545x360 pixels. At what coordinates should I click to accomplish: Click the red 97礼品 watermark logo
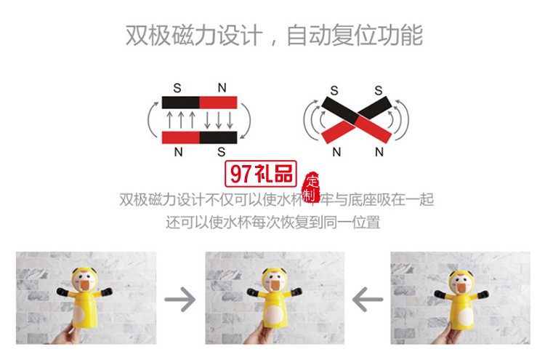tap(259, 175)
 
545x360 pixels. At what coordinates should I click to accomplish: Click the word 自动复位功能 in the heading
tap(355, 34)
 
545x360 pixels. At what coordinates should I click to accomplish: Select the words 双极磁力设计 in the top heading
tap(192, 34)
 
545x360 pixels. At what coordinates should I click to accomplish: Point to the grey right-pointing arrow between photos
tap(180, 298)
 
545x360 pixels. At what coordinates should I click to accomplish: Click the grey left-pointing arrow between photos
tap(368, 298)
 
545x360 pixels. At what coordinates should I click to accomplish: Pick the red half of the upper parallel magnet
tap(218, 102)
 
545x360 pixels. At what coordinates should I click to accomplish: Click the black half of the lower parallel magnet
tap(218, 137)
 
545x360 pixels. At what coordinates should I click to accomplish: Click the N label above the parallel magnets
tap(222, 88)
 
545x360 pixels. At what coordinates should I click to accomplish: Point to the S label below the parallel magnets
tap(221, 152)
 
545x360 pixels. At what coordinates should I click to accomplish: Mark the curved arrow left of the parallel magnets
tap(152, 119)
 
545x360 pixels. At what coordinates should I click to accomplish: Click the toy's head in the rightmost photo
tap(457, 280)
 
